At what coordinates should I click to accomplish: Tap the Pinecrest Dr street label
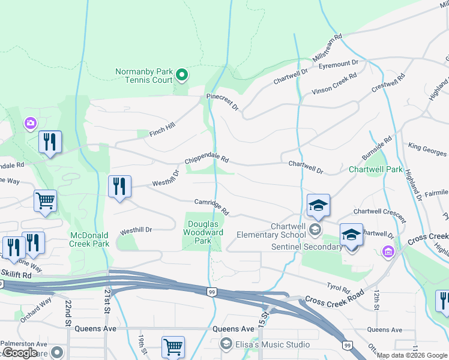223,101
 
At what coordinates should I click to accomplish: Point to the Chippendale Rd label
207,160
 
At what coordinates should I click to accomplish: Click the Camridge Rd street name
212,207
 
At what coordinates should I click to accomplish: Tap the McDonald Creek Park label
89,239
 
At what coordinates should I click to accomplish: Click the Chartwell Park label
376,170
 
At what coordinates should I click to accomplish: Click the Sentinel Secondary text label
307,247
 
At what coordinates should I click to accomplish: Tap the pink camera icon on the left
30,124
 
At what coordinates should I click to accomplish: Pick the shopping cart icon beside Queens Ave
173,347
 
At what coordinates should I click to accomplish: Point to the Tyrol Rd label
338,288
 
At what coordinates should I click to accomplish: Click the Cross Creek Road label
334,299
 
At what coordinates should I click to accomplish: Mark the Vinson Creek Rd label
334,84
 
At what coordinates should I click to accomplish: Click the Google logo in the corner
20,353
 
